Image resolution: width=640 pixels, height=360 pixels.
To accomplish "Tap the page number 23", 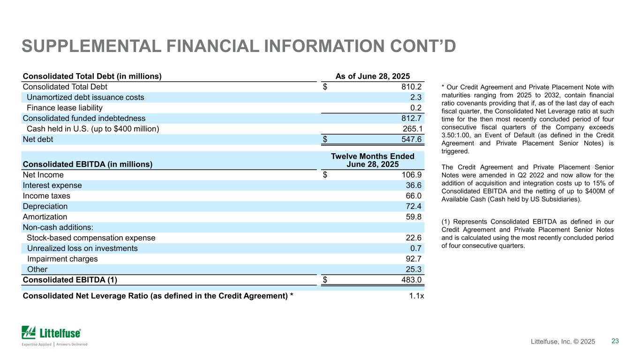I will (615, 341).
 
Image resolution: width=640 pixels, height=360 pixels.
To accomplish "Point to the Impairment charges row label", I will (62, 259).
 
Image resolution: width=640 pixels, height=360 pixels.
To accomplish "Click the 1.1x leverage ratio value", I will (416, 296).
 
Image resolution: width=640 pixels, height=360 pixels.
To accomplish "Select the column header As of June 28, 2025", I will (373, 76).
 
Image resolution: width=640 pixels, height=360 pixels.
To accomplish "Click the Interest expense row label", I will (52, 186).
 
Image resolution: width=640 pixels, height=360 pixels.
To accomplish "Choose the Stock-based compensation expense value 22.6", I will (414, 238).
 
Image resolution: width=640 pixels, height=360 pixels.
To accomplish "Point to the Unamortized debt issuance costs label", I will (85, 97).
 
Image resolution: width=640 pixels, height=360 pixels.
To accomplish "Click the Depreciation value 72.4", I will (414, 206).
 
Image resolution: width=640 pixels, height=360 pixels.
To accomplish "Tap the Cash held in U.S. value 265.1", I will (412, 129).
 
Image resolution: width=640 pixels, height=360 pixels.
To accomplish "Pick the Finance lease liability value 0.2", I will (416, 108).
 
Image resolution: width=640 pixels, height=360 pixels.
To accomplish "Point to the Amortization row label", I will (45, 217).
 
